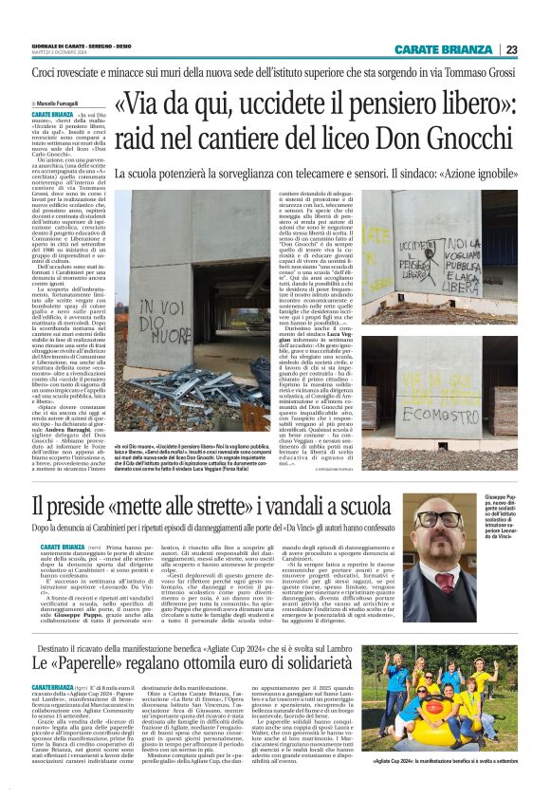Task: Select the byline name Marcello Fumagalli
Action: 58,101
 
